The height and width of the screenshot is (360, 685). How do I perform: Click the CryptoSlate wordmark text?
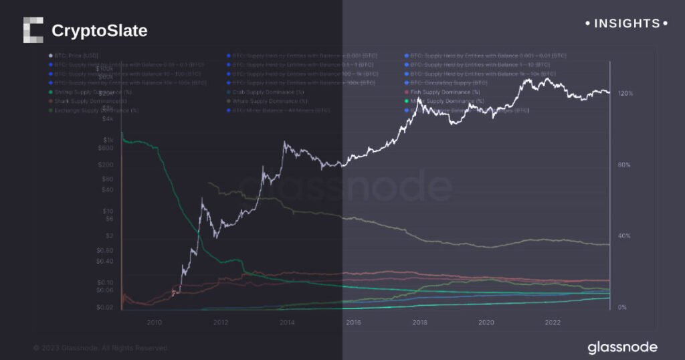[99, 31]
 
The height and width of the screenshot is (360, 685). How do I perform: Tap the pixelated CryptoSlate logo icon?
[33, 30]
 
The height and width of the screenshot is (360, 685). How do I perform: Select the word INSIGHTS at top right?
[627, 23]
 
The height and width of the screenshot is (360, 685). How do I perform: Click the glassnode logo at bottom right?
[622, 347]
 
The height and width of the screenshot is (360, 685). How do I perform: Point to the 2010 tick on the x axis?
[155, 322]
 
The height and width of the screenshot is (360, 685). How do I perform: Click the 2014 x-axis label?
[287, 322]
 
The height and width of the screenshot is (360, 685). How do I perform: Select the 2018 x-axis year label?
[420, 322]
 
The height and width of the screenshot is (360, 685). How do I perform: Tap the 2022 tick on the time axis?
[553, 322]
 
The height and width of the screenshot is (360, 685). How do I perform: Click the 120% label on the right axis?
[625, 94]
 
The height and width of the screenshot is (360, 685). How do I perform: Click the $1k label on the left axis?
[107, 139]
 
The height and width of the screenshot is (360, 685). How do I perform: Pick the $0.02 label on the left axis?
[105, 307]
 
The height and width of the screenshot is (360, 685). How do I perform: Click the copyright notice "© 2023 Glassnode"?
[100, 348]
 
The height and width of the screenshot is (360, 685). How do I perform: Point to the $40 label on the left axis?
[107, 189]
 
